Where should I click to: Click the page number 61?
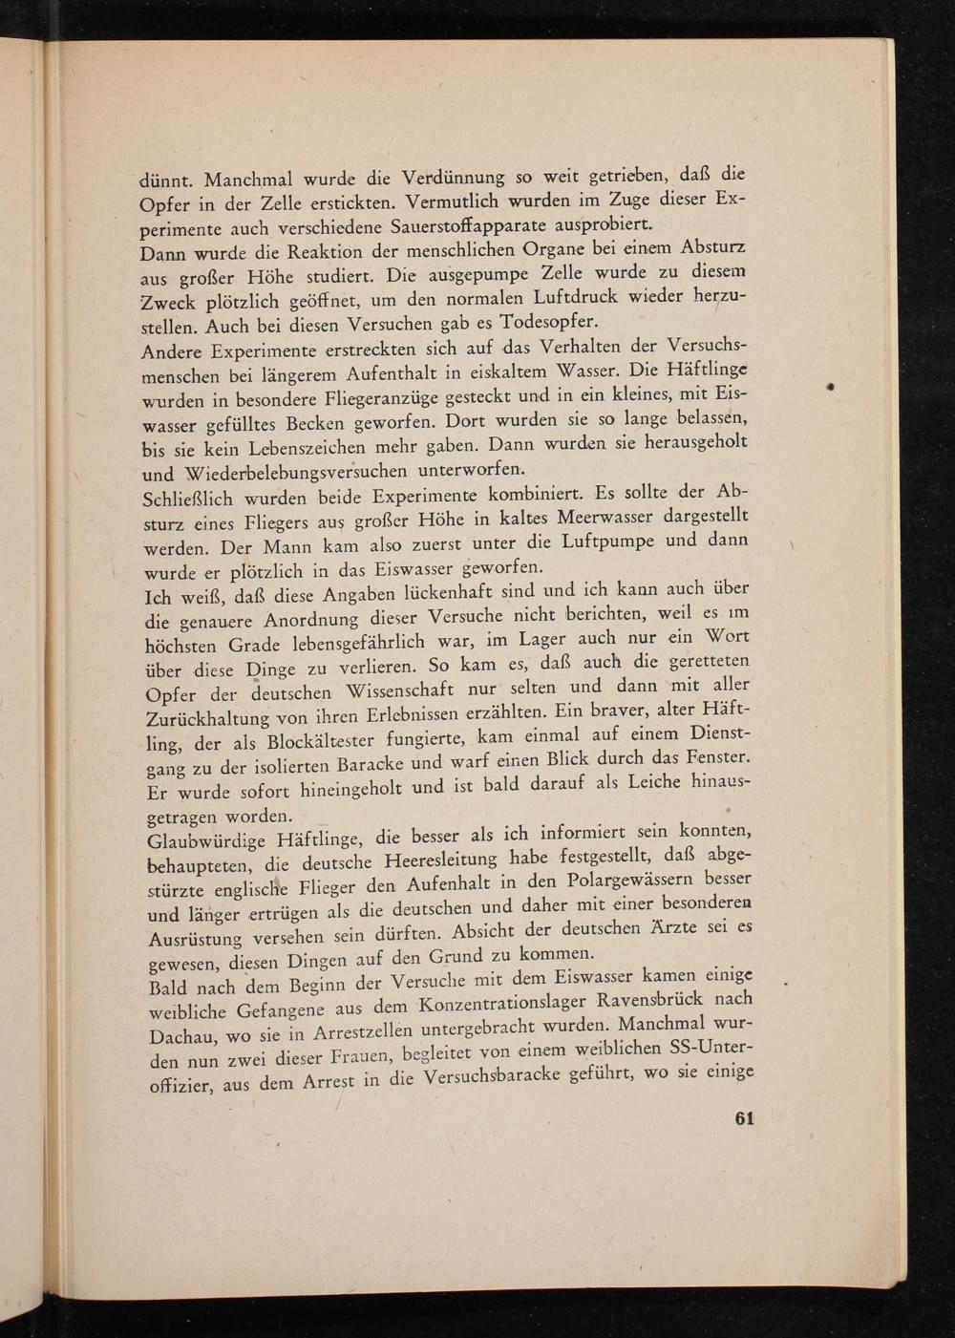point(745,1119)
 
